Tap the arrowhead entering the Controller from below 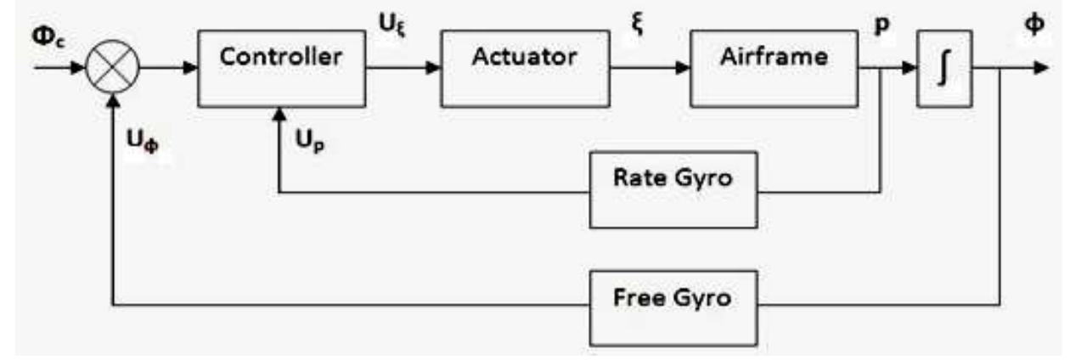click(x=279, y=113)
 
